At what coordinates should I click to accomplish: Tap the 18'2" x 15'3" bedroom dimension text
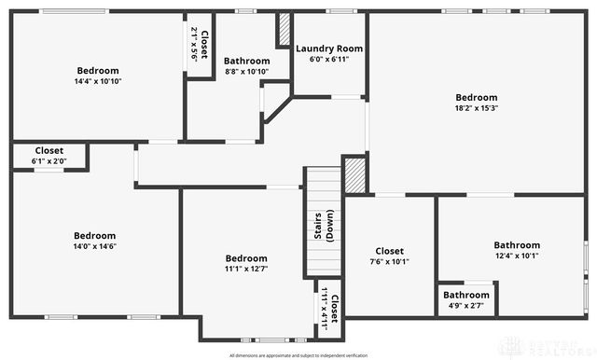(x=476, y=108)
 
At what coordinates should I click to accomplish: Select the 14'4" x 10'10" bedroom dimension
(x=98, y=81)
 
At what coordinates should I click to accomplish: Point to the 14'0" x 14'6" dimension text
(x=95, y=246)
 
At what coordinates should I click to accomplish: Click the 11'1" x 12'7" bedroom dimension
(x=246, y=270)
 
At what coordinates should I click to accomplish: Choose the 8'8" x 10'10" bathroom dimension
(x=246, y=72)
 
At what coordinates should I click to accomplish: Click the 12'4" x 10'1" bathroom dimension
(x=517, y=256)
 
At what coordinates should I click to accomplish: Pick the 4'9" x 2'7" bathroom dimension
(x=465, y=306)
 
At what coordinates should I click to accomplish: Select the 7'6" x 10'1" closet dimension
(x=389, y=262)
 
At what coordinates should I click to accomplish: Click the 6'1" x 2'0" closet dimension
(x=49, y=161)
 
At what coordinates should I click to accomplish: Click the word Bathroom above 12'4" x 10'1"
(x=517, y=245)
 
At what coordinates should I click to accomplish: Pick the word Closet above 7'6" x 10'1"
(x=389, y=251)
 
